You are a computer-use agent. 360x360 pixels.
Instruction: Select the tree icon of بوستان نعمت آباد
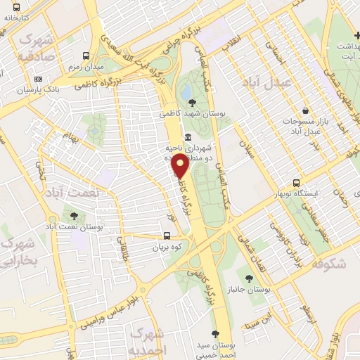[x=74, y=216]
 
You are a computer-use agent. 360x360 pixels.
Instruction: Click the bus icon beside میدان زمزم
[x=86, y=55]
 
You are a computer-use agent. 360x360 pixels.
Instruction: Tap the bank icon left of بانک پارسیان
[x=38, y=79]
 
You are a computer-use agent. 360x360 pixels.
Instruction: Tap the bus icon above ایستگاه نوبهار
[x=297, y=182]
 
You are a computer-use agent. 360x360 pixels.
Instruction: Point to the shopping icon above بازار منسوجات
[x=305, y=110]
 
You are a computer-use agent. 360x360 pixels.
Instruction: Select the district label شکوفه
[x=327, y=264]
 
